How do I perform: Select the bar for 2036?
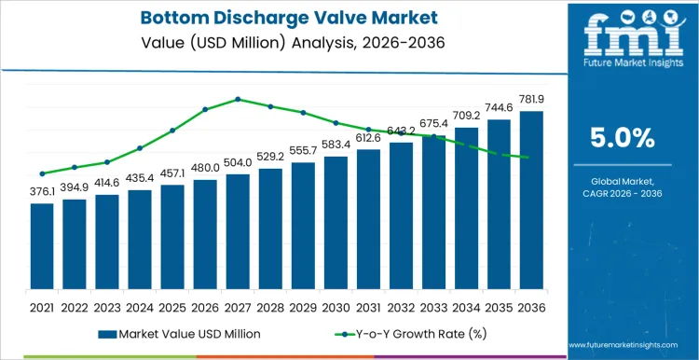tap(531, 200)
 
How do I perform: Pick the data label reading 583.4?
tap(336, 145)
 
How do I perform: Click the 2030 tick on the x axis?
tap(336, 306)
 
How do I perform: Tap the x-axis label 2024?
tap(140, 306)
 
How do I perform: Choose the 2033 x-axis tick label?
tap(433, 306)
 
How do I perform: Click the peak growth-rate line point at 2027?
tap(238, 99)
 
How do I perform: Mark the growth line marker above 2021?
tap(42, 173)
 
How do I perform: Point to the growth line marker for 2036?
tap(531, 158)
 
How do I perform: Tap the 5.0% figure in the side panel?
tap(623, 139)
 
